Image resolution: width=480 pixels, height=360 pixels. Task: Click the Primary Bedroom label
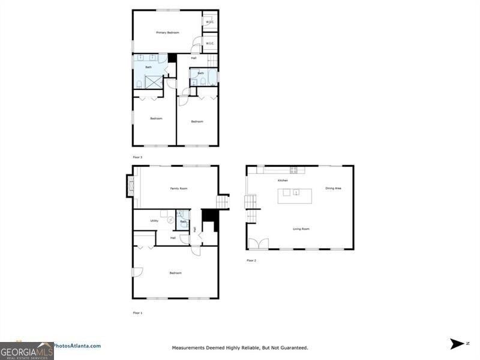[x=168, y=32]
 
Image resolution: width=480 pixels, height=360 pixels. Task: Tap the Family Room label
[x=179, y=188]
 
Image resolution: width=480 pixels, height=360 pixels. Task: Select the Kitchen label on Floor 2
[x=283, y=181]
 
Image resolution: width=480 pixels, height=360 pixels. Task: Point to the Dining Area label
[x=334, y=188]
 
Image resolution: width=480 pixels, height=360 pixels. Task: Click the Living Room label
[x=301, y=229]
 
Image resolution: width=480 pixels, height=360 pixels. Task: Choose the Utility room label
[x=154, y=221]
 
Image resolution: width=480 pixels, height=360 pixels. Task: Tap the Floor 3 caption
[x=137, y=157]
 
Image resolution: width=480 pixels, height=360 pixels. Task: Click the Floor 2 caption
[x=251, y=260]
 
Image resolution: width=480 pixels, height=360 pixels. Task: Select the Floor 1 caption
[x=137, y=313]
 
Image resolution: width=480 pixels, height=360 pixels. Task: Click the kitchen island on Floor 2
[x=294, y=193]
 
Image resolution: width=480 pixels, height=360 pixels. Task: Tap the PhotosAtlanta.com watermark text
[x=77, y=346]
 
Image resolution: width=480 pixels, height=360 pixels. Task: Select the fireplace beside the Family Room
[x=129, y=186]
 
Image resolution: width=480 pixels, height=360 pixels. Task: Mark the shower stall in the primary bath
[x=154, y=82]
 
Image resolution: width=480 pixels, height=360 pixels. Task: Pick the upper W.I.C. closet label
[x=210, y=22]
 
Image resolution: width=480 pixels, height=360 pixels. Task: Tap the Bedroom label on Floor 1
[x=175, y=273]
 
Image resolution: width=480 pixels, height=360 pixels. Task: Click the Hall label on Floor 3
[x=194, y=58]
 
